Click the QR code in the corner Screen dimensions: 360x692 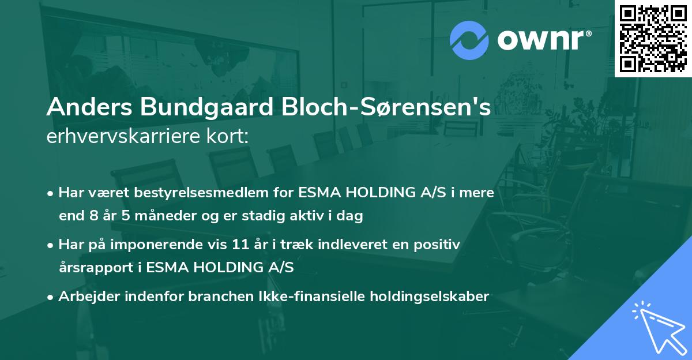pos(653,38)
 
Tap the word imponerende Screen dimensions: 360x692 pos(164,245)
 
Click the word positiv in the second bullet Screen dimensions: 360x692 pos(439,245)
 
